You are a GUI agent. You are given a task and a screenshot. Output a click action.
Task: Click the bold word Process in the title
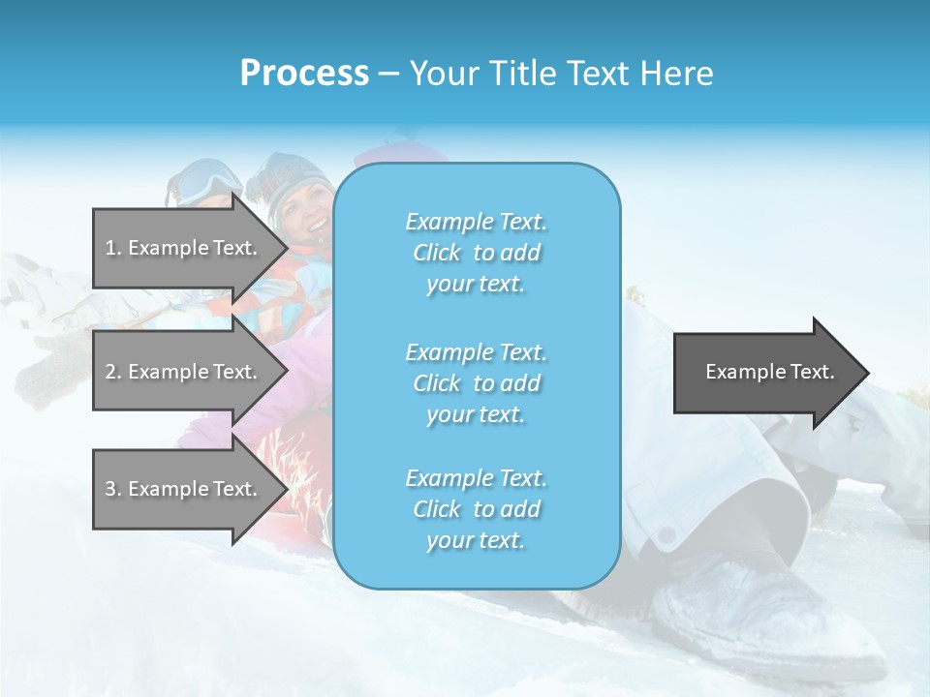click(x=304, y=74)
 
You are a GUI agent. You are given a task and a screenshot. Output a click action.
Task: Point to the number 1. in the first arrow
click(x=113, y=248)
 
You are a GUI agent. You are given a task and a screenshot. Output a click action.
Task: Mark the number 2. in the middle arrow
click(x=113, y=372)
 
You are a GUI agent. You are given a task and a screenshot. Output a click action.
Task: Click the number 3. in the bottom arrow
click(x=113, y=489)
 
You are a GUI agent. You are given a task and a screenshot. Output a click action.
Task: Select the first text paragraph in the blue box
click(x=476, y=253)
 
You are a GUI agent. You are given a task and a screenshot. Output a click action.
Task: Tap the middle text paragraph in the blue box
click(x=476, y=383)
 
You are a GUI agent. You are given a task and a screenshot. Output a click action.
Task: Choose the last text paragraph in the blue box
click(x=476, y=509)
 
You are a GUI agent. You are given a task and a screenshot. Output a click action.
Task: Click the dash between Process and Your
click(x=388, y=74)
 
